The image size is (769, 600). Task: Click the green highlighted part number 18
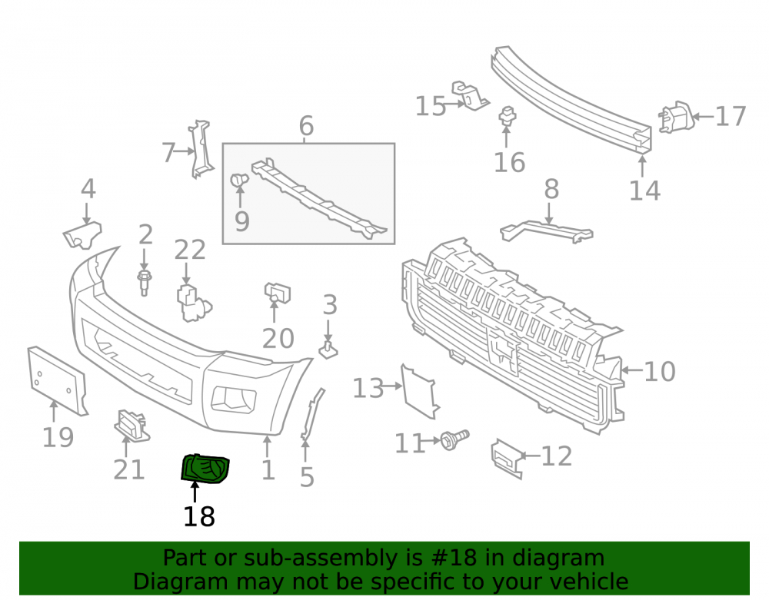tap(205, 468)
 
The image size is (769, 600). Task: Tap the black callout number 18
tap(199, 517)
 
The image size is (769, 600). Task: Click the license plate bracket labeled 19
tap(58, 380)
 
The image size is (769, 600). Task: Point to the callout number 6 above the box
tap(307, 126)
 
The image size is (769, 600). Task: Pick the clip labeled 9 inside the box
tap(239, 180)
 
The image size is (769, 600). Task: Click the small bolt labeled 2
tap(145, 283)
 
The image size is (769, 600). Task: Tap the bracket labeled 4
tap(82, 235)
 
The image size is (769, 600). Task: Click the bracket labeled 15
tap(471, 95)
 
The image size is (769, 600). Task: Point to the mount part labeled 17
tap(676, 118)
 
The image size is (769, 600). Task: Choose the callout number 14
tap(645, 191)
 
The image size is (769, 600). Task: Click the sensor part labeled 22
tap(193, 303)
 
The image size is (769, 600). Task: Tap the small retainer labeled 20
tap(277, 293)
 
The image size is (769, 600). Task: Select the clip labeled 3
tap(328, 350)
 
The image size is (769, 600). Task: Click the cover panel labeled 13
tap(419, 392)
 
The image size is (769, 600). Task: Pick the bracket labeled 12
tap(507, 459)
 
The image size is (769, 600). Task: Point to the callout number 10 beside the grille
tap(660, 372)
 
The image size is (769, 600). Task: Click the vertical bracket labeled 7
tap(201, 149)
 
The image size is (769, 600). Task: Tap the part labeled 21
tap(132, 426)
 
